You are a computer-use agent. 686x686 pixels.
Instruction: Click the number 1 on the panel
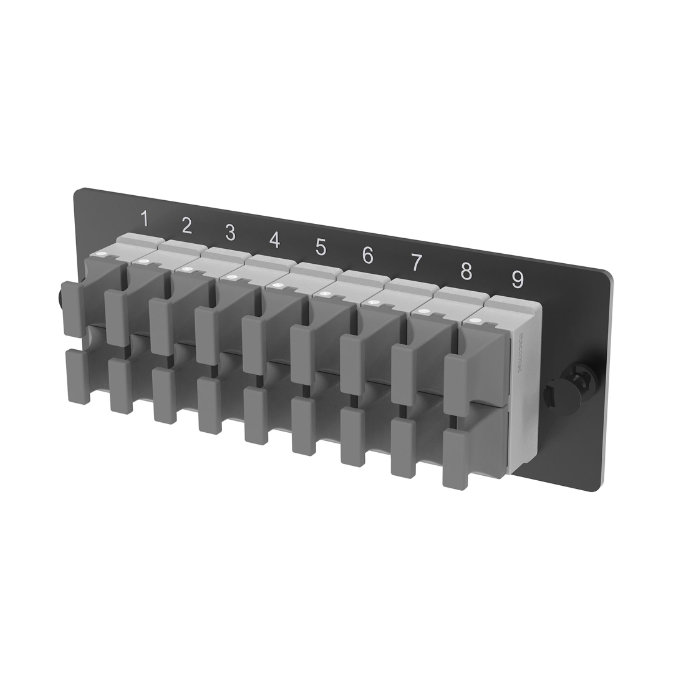[145, 220]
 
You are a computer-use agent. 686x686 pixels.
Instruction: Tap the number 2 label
[186, 226]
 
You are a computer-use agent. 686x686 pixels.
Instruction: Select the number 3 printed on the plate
[230, 233]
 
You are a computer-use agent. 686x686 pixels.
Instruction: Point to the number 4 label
[274, 239]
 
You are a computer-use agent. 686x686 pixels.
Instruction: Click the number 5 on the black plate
[321, 247]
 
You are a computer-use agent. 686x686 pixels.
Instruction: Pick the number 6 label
[367, 254]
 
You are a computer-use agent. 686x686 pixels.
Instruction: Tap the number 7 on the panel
[416, 263]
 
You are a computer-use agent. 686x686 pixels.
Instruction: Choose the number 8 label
[466, 271]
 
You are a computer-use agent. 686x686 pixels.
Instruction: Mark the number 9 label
[517, 280]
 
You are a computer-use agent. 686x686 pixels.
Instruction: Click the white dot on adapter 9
[478, 322]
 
